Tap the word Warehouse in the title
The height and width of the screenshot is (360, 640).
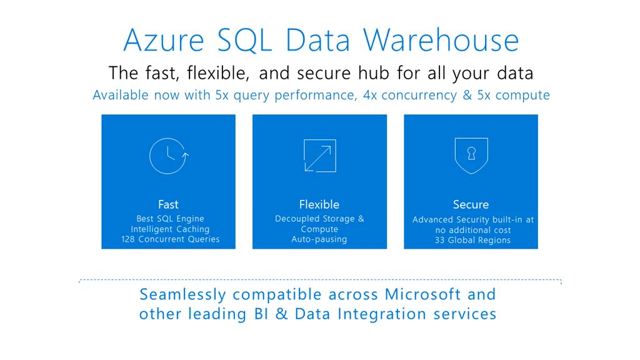(442, 40)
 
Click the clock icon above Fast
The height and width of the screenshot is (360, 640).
(168, 156)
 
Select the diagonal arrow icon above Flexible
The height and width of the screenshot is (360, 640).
(319, 156)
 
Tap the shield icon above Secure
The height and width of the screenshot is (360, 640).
(471, 154)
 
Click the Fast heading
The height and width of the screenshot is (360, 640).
(168, 204)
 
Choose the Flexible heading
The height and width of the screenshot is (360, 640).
(319, 204)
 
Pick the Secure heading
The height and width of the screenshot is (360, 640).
(471, 204)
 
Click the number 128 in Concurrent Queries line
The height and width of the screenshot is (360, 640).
(129, 239)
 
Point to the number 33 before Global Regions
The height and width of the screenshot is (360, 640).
(440, 240)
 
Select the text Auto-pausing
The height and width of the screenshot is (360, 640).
(319, 239)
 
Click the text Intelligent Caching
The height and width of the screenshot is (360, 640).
(170, 229)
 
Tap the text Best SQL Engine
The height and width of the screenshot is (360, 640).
(170, 219)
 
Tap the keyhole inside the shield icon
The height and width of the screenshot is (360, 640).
(471, 152)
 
